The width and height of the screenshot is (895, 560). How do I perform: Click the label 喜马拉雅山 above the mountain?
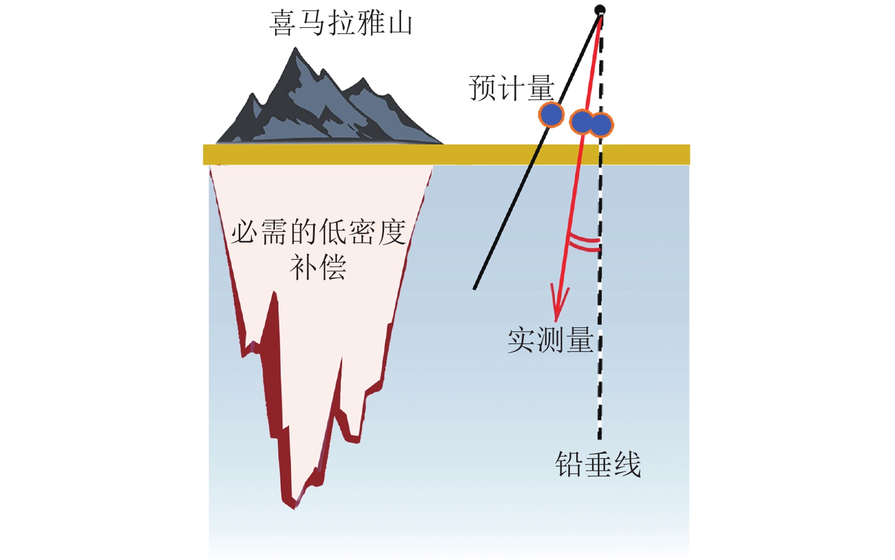[341, 23]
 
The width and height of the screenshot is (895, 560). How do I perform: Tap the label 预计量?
[511, 88]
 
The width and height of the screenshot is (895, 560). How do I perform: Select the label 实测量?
[550, 340]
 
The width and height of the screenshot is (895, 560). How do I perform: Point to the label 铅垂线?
[598, 464]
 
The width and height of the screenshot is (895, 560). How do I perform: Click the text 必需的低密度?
[318, 231]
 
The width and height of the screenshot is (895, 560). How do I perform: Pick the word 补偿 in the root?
[318, 267]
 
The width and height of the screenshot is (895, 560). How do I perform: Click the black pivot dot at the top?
[600, 10]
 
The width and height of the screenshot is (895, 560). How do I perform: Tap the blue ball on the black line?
[551, 114]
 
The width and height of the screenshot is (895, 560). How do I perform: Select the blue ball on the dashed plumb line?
[601, 125]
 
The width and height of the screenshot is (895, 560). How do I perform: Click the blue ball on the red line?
[582, 122]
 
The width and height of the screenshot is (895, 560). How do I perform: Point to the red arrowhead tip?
[556, 321]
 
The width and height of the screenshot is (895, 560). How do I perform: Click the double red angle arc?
[584, 242]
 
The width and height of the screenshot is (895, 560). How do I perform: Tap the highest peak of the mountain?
[295, 48]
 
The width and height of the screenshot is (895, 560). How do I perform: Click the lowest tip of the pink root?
[294, 508]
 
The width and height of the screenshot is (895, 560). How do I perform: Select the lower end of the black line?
[474, 289]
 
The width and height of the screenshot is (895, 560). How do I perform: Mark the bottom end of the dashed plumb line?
[600, 439]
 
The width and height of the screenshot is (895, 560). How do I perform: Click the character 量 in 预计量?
[540, 88]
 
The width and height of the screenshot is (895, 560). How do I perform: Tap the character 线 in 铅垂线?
[627, 464]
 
